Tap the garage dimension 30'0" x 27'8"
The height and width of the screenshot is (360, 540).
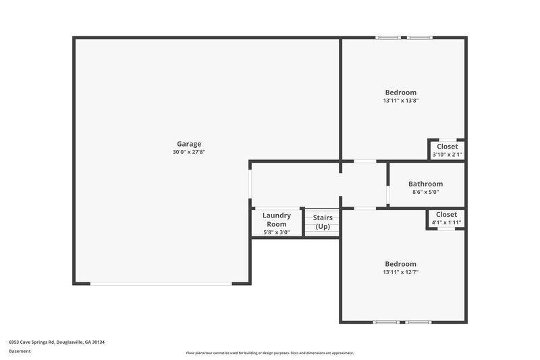188,153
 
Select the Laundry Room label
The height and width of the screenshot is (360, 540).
276,220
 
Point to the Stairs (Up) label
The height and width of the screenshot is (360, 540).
323,222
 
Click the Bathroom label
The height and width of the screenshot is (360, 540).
425,184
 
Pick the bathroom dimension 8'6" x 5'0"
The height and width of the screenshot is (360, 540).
425,192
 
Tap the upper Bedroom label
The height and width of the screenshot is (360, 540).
400,93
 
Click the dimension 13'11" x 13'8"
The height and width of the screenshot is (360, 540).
400,101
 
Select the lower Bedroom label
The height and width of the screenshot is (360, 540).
400,263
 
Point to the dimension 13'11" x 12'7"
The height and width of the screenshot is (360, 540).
400,272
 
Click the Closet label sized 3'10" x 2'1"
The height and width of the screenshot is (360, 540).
447,147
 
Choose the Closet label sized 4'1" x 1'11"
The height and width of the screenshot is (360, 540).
446,214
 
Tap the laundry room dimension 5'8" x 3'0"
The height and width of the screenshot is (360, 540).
276,232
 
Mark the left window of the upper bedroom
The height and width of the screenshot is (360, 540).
388,38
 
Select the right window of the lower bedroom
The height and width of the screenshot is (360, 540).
418,322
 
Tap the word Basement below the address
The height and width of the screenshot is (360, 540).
20,351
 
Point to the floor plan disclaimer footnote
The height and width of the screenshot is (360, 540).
269,353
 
